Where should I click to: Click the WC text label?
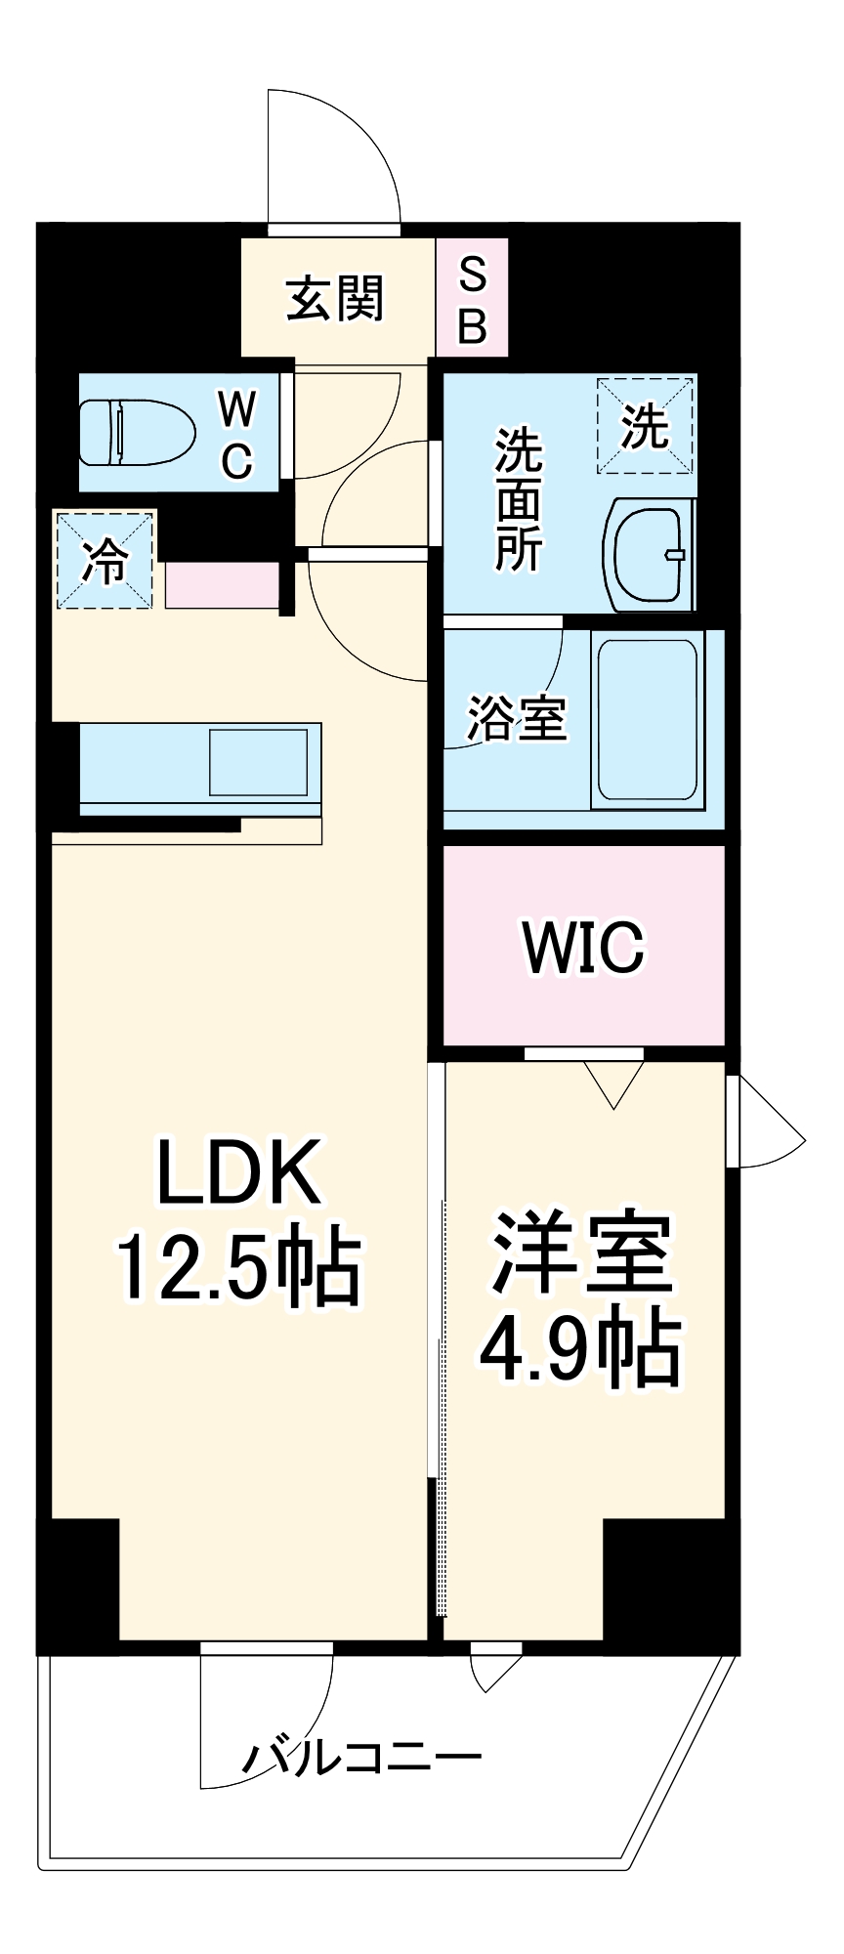[x=236, y=433]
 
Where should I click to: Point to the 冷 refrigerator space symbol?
[x=105, y=560]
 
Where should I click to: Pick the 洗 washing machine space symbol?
[x=646, y=426]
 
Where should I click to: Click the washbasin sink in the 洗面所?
[x=649, y=554]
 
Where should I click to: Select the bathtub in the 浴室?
[x=649, y=720]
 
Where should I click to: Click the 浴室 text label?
[x=518, y=718]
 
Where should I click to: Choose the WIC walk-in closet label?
[x=584, y=946]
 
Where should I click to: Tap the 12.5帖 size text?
[x=239, y=1268]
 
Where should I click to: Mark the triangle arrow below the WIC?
[x=613, y=1083]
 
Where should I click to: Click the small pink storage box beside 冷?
[x=223, y=585]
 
